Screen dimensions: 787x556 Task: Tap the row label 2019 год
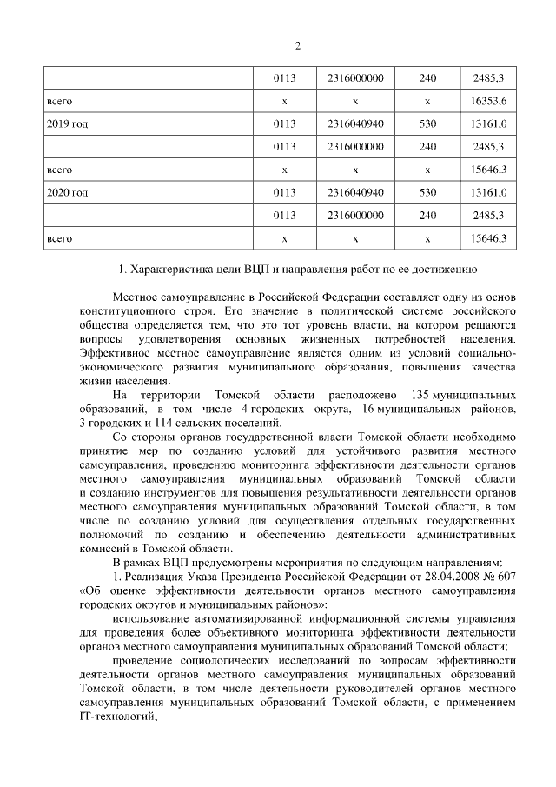click(x=67, y=123)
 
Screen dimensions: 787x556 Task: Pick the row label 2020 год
click(x=67, y=191)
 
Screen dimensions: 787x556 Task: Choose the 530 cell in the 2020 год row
click(x=427, y=191)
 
